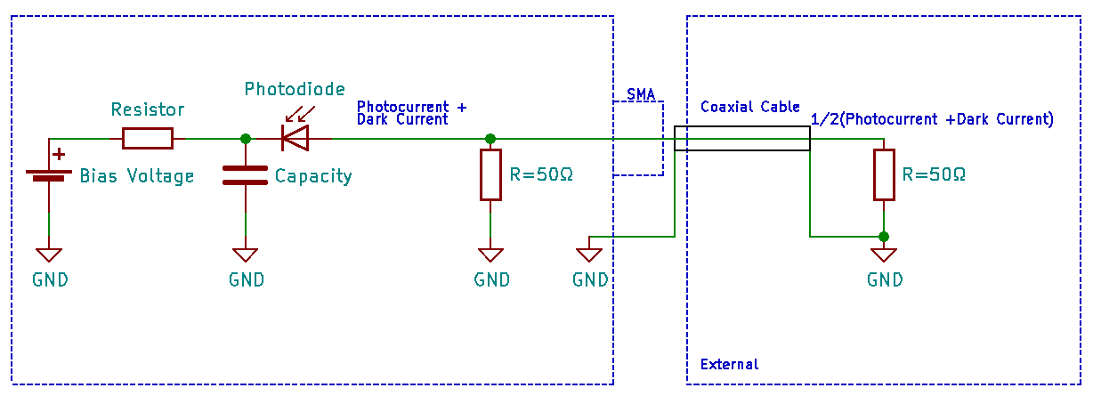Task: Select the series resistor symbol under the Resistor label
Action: point(147,138)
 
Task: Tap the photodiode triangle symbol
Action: point(295,138)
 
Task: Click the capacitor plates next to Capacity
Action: point(245,175)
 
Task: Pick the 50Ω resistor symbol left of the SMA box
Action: point(490,174)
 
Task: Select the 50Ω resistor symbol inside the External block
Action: point(883,174)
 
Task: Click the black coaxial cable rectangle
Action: point(741,139)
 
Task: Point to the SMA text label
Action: point(641,93)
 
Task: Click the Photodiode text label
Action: point(295,89)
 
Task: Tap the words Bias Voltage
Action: point(137,176)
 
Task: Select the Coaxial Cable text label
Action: point(750,107)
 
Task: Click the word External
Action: point(730,364)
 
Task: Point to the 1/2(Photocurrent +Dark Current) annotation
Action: point(932,119)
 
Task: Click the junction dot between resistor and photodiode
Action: point(246,138)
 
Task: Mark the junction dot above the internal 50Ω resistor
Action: point(490,139)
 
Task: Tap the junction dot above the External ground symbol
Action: point(883,237)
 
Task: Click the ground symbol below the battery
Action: point(48,255)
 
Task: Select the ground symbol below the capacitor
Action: point(246,255)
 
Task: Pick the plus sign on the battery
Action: point(60,154)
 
